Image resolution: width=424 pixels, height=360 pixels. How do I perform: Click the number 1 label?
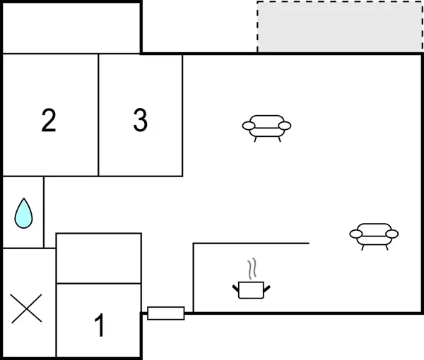[100, 326]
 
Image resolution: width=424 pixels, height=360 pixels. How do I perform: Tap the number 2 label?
[48, 121]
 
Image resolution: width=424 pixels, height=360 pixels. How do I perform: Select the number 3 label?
[141, 121]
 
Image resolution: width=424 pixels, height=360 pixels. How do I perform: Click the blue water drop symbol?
[23, 213]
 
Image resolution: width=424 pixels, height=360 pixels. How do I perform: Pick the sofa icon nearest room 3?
[266, 127]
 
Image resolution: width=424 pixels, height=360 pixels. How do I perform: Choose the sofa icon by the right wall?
[374, 235]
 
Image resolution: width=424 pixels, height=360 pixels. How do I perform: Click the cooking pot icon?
[251, 289]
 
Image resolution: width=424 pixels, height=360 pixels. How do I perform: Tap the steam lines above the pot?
[252, 269]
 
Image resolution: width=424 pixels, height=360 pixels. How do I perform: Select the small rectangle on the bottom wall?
[166, 313]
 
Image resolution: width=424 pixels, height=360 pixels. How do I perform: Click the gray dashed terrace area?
[340, 27]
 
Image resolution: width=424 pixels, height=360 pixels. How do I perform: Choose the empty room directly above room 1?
[99, 258]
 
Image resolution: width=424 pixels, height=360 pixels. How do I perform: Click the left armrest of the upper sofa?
[248, 126]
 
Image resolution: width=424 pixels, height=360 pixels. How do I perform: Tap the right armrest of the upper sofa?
[285, 126]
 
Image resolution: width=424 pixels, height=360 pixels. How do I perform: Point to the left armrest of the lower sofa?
[355, 234]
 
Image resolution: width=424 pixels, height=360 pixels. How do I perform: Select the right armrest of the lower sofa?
[392, 234]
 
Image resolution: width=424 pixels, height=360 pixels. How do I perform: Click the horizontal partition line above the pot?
[251, 244]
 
